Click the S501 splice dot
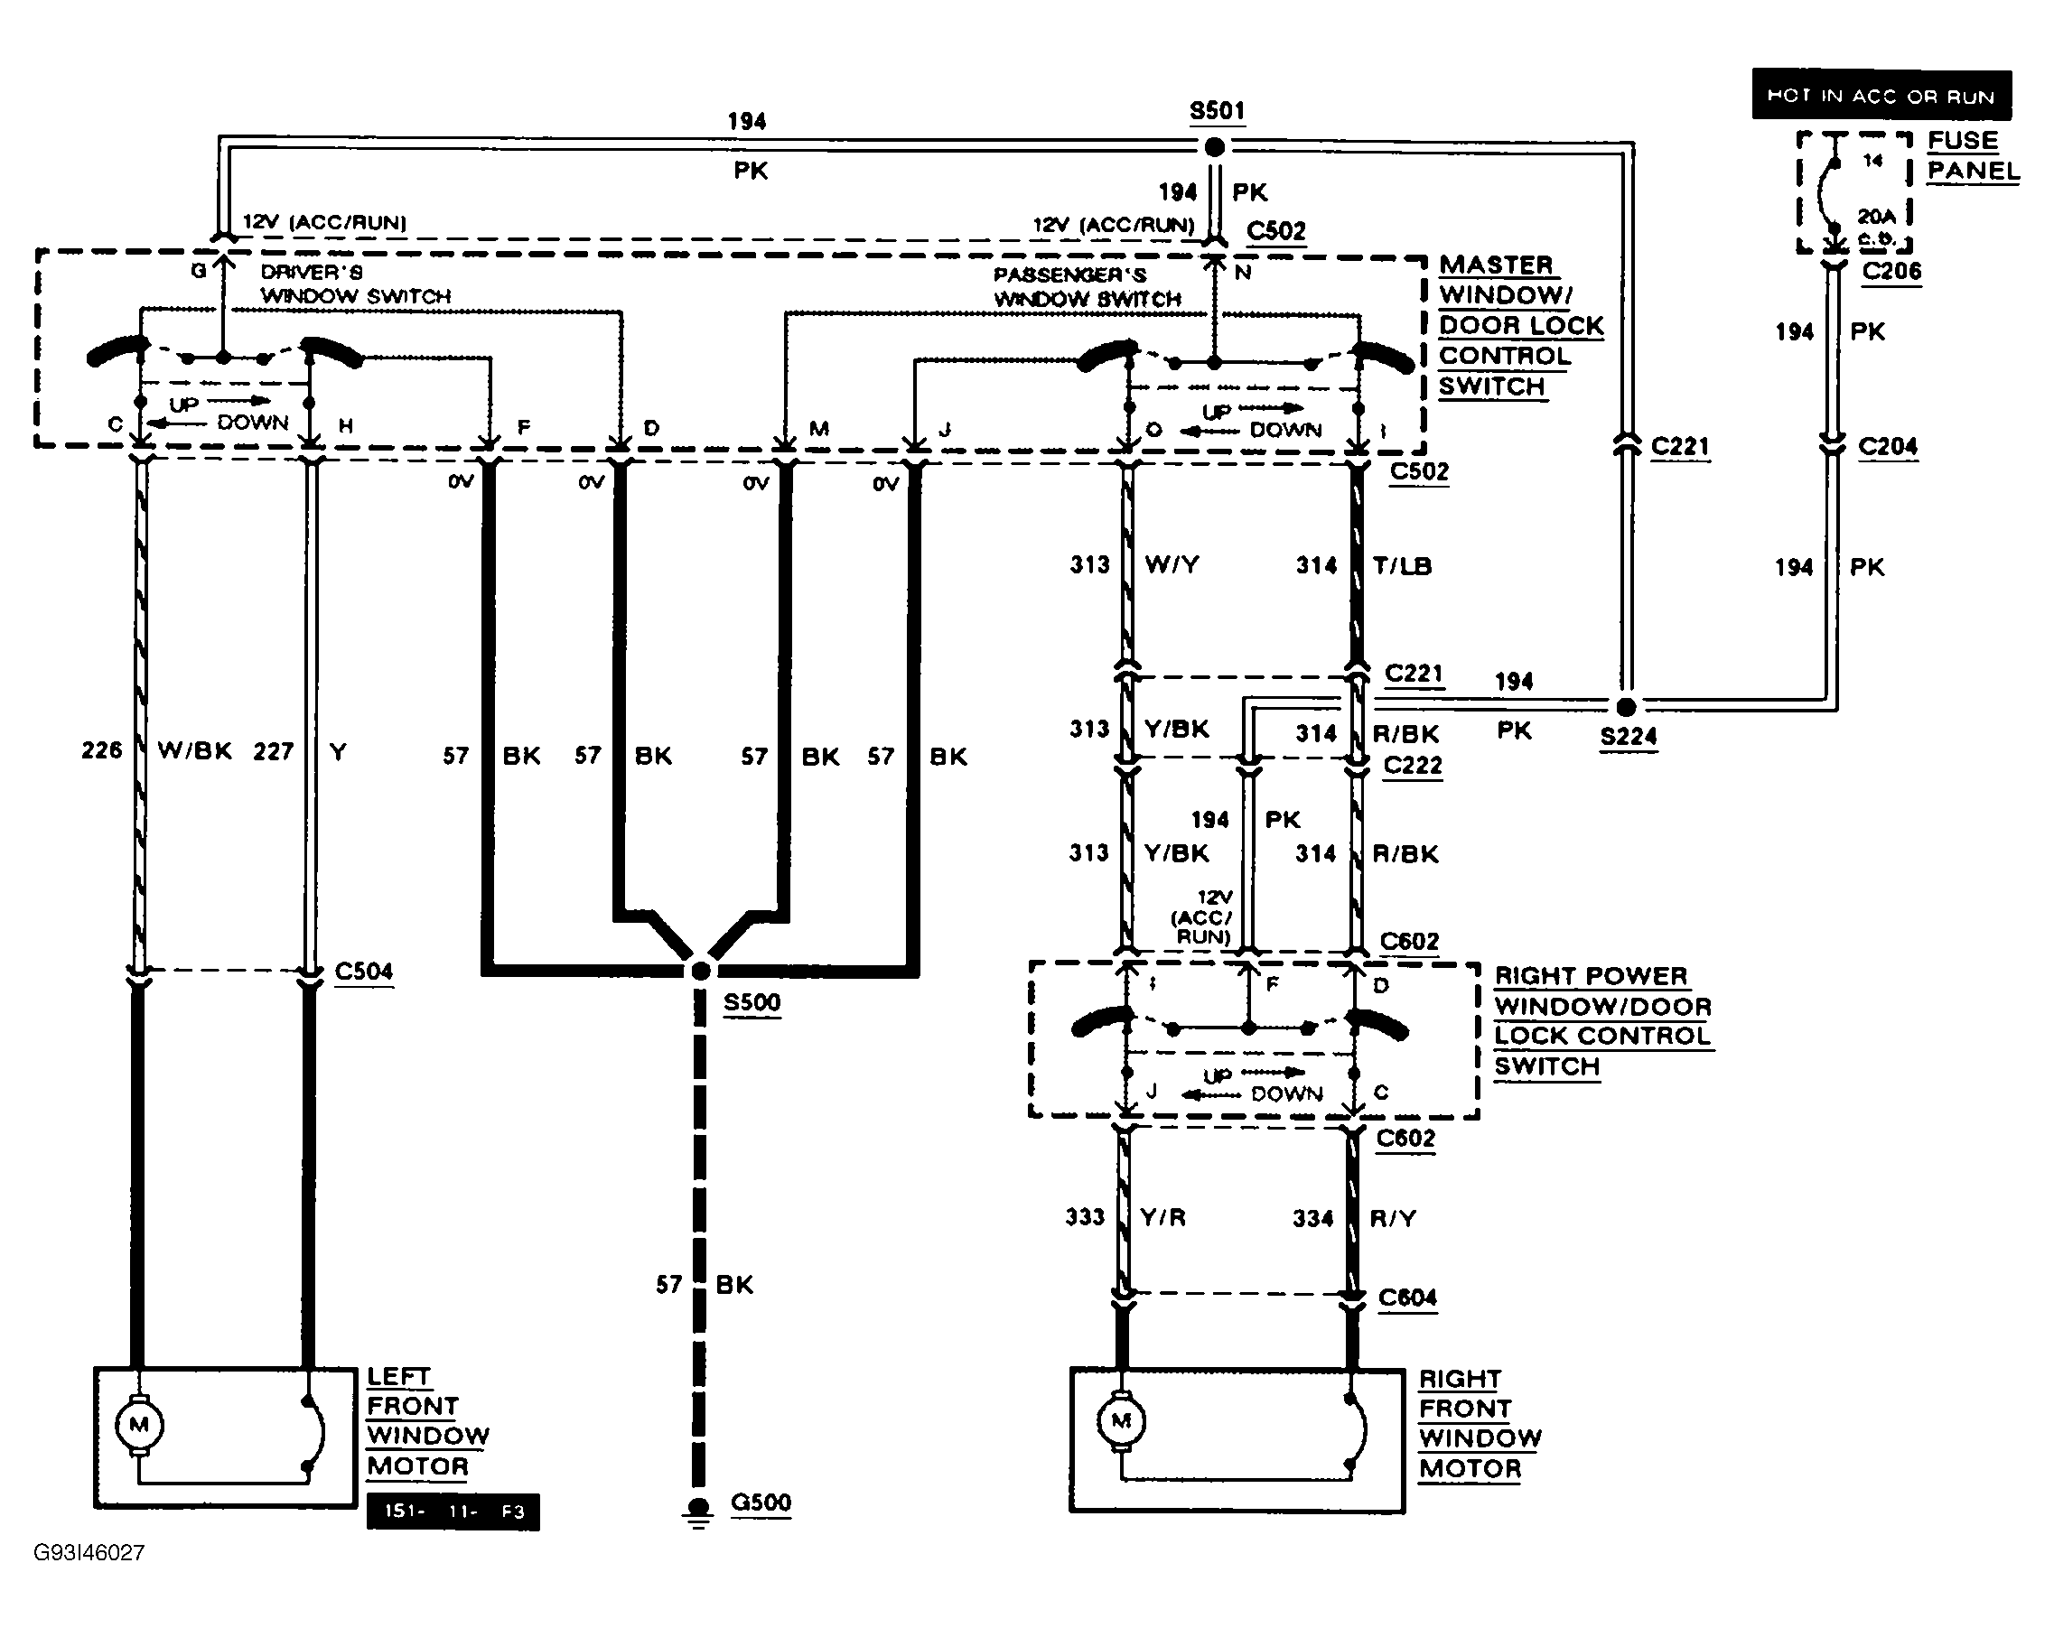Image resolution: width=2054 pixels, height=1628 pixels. coord(1215,146)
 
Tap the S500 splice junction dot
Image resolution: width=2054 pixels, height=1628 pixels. coord(701,971)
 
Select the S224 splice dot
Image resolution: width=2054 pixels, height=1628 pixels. coord(1626,707)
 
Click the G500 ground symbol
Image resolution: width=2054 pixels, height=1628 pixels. coord(699,1508)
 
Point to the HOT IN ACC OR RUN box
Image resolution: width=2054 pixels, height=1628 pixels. coord(1881,96)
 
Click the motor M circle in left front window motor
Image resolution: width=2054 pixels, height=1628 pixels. coord(139,1425)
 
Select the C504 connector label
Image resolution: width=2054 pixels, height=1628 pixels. coord(364,972)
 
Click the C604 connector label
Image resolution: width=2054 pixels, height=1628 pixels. coord(1407,1298)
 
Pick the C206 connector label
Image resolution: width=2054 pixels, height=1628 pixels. coord(1891,272)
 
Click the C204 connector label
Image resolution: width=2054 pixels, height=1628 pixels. coord(1887,447)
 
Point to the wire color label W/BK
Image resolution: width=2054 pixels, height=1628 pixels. coord(194,750)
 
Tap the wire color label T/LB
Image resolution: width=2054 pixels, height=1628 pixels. coord(1402,566)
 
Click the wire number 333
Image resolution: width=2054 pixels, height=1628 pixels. coord(1084,1217)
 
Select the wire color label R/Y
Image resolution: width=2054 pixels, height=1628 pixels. coord(1392,1218)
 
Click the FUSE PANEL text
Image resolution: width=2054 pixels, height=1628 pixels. coord(1971,155)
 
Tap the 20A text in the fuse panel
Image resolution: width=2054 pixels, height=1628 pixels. coord(1875,216)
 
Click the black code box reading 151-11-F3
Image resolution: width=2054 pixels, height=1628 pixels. coord(453,1512)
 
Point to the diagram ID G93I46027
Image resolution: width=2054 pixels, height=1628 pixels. coord(89,1553)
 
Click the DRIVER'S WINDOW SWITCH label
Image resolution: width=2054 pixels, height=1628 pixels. coord(354,284)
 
